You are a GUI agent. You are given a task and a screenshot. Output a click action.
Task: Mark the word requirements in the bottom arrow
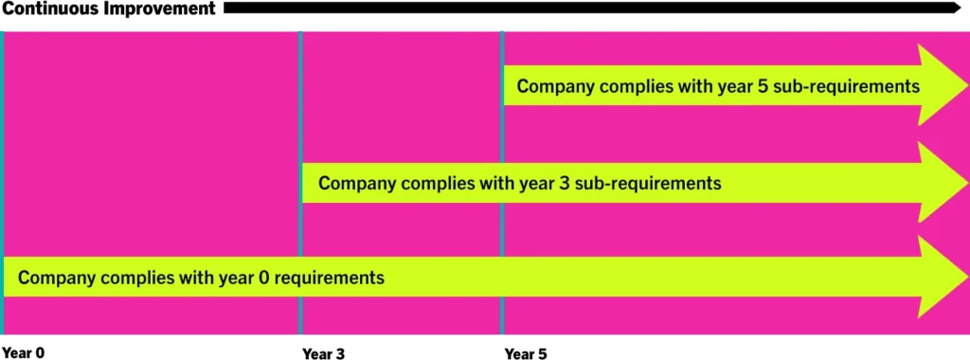(x=330, y=279)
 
